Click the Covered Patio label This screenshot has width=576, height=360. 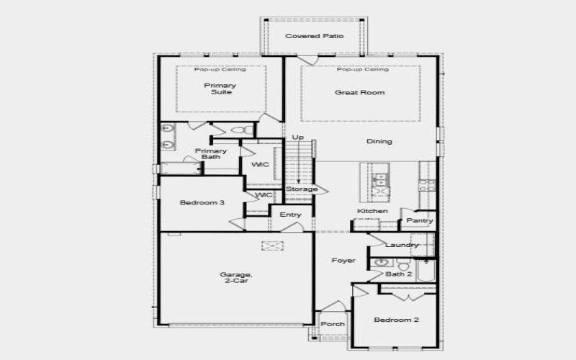(x=314, y=36)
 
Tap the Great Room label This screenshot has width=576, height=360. (x=359, y=92)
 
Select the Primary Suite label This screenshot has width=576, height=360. (x=220, y=89)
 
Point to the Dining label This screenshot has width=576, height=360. (x=379, y=141)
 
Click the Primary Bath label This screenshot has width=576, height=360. (x=211, y=154)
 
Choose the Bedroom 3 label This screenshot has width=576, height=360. (x=202, y=203)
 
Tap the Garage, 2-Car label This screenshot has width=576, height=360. (x=236, y=278)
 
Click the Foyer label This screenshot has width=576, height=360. (x=343, y=260)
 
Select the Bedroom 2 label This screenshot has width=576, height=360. (x=395, y=319)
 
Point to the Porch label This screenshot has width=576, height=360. (x=333, y=324)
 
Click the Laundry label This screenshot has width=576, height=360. (x=401, y=245)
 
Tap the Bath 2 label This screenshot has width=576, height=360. (x=398, y=274)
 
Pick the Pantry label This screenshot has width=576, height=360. (x=418, y=220)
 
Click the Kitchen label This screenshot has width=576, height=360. (x=372, y=211)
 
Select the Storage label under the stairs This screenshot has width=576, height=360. (x=301, y=189)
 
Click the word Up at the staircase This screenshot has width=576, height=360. (x=297, y=137)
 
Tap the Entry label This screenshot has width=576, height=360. (x=290, y=215)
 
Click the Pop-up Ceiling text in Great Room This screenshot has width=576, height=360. (x=363, y=70)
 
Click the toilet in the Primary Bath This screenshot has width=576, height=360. (x=246, y=130)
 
